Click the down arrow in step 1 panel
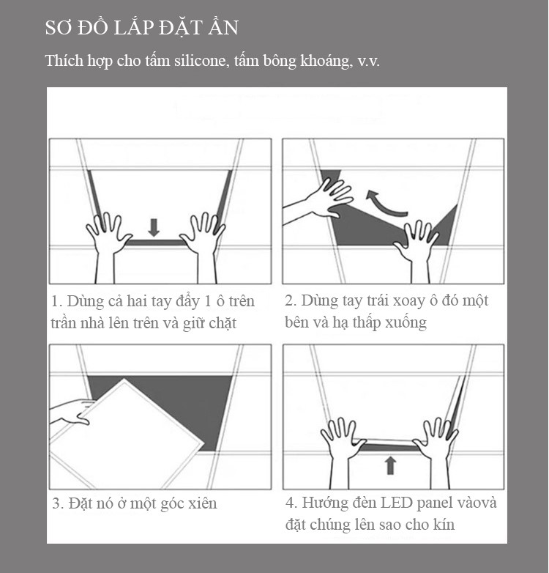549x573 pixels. pyautogui.click(x=154, y=227)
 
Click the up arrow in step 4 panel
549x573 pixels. pyautogui.click(x=391, y=465)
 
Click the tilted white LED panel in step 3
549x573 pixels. pyautogui.click(x=126, y=435)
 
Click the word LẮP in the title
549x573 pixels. pyautogui.click(x=133, y=28)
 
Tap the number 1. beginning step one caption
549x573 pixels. pyautogui.click(x=57, y=301)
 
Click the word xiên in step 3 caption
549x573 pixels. pyautogui.click(x=202, y=503)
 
